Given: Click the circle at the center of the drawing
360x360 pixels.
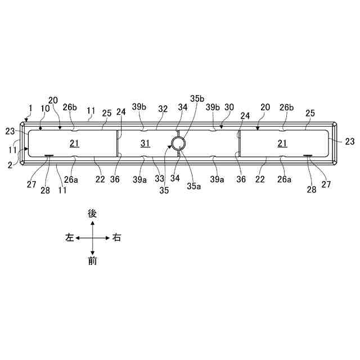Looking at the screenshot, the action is [x=179, y=143].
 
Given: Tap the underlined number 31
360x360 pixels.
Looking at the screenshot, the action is [x=145, y=143].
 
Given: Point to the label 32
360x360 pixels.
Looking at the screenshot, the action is [x=163, y=107].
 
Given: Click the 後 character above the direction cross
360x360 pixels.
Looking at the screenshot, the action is [x=93, y=214].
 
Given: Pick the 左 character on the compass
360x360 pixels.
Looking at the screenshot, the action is [x=70, y=238].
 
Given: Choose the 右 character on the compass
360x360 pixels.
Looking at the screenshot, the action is [x=116, y=238].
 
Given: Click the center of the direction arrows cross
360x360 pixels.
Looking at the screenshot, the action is [x=93, y=238].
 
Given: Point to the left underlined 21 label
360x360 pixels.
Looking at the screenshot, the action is [x=74, y=143].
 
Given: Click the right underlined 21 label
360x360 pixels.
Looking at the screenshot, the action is [x=282, y=143].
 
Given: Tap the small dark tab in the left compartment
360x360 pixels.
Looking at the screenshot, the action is [x=49, y=156].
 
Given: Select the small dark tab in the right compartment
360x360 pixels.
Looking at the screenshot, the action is [x=308, y=156].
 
